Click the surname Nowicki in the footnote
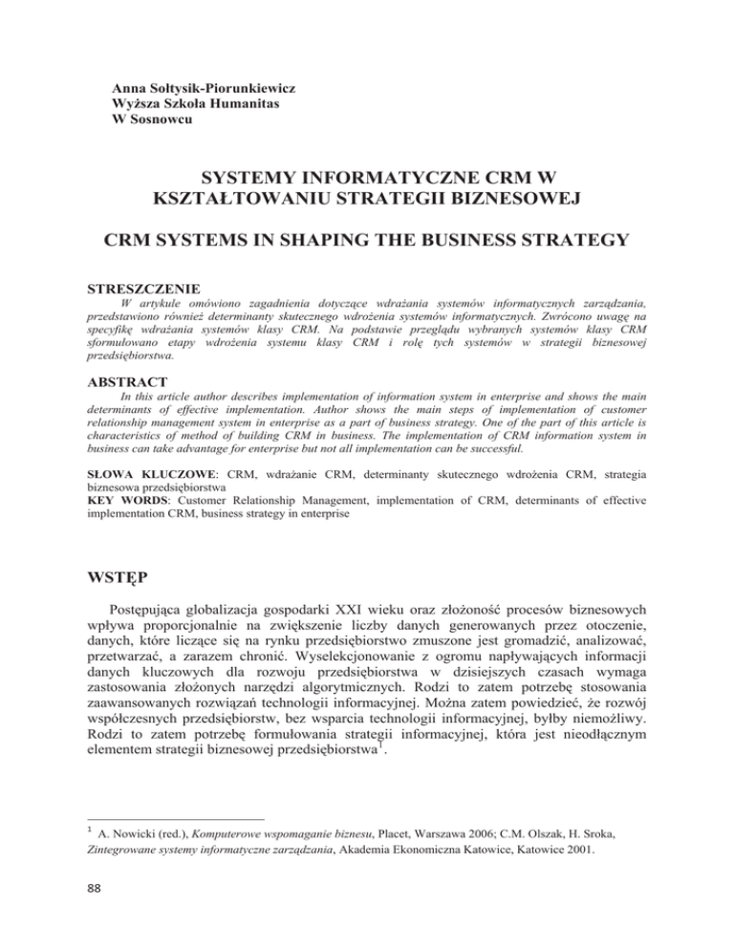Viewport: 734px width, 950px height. coord(136,823)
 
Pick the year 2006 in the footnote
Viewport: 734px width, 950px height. coord(486,823)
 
